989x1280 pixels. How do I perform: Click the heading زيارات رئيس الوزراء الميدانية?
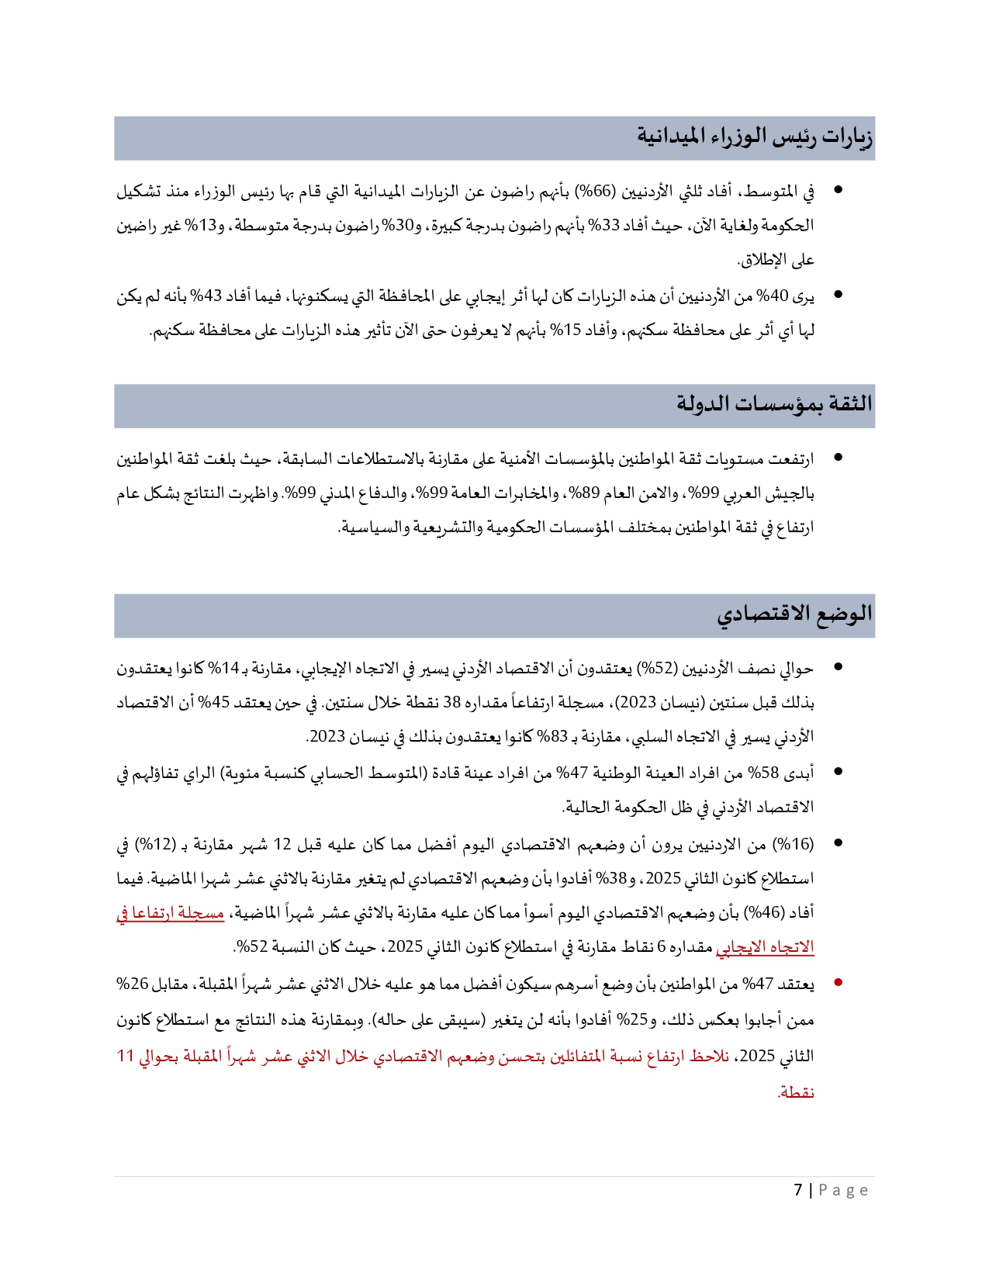coord(755,137)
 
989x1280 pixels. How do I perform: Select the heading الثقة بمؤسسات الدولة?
coord(774,404)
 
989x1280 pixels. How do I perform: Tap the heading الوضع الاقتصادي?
coord(794,614)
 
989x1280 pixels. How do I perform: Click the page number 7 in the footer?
coord(798,1190)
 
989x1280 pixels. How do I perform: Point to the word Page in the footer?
coord(843,1190)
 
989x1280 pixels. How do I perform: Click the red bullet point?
coord(838,983)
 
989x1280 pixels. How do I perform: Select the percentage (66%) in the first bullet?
coord(595,191)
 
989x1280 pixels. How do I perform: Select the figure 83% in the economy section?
coord(549,737)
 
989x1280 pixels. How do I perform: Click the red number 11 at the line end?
coord(126,1056)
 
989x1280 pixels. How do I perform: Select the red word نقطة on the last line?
coord(796,1092)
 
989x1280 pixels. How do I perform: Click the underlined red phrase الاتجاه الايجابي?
coord(765,947)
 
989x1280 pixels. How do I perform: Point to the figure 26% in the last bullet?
coord(133,984)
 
